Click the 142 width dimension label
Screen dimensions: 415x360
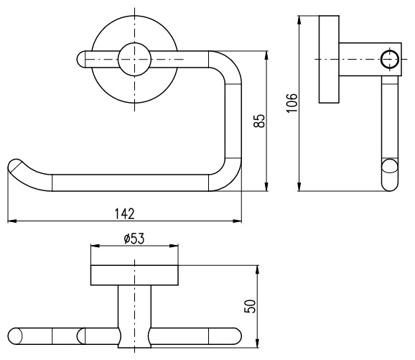pos(125,214)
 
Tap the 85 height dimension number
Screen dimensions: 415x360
pos(259,121)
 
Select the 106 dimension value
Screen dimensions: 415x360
pos(292,103)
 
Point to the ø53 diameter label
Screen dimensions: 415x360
pos(134,239)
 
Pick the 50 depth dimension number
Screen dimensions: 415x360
pos(250,307)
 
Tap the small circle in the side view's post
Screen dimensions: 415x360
pos(390,59)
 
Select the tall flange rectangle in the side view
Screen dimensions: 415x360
pos(329,60)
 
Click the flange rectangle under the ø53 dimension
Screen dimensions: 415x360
pos(134,275)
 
